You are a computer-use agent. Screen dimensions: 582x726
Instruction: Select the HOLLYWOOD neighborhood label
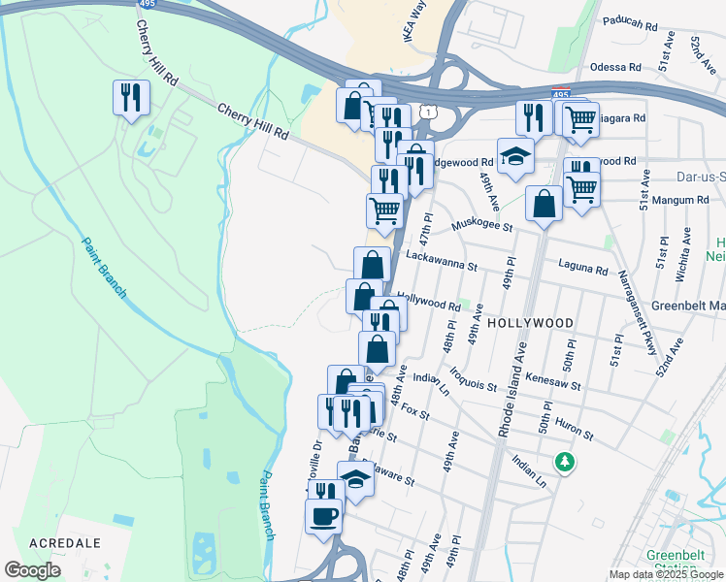pyautogui.click(x=530, y=322)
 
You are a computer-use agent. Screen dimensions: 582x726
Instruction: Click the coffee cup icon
pyautogui.click(x=324, y=515)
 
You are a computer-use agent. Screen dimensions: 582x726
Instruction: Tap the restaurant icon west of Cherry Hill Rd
pyautogui.click(x=129, y=97)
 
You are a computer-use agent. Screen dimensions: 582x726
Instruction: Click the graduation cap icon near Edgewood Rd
pyautogui.click(x=515, y=156)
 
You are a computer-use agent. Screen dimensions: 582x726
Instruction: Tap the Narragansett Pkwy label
pyautogui.click(x=634, y=309)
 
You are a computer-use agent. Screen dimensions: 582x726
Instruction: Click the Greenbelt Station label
pyautogui.click(x=673, y=562)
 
